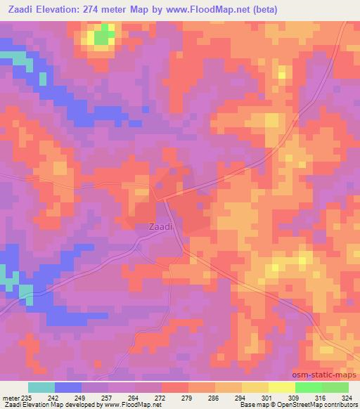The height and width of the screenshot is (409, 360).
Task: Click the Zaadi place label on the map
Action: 160,227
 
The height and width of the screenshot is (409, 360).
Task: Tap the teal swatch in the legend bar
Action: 41,387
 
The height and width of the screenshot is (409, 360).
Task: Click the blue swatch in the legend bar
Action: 68,387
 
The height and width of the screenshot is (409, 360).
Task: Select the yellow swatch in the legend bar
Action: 281,387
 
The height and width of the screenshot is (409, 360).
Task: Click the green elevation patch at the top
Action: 104,35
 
